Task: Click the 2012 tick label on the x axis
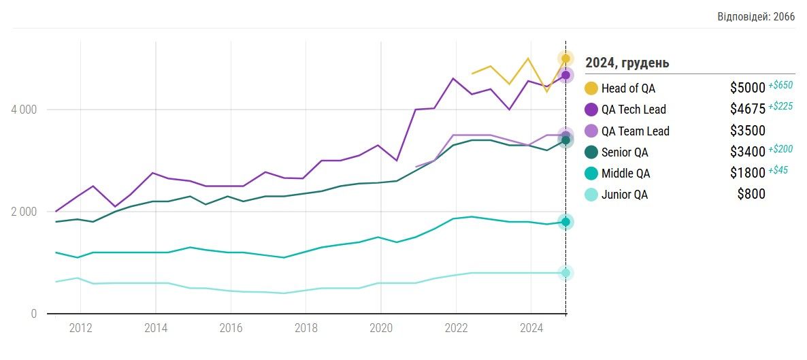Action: point(81,327)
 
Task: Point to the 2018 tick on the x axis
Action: point(306,327)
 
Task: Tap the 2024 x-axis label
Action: point(531,327)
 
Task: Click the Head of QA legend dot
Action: point(591,88)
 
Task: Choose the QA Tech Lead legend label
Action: point(633,110)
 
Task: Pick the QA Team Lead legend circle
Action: point(591,131)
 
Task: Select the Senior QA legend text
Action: point(625,152)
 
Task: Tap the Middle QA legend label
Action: point(625,174)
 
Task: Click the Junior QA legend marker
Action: point(591,195)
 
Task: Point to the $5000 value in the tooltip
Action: point(747,88)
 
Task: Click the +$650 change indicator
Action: point(780,85)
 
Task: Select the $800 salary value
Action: point(751,195)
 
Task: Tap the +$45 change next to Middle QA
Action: point(778,170)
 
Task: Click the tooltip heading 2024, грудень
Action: point(627,63)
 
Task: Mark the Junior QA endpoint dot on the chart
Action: point(565,273)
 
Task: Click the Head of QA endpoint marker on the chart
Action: point(565,59)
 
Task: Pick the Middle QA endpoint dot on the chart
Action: point(565,222)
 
